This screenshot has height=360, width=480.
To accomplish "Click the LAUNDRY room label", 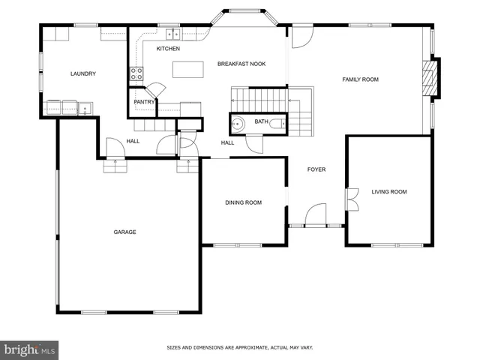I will (x=83, y=73).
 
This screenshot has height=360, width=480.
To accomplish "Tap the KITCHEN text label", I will (x=168, y=49).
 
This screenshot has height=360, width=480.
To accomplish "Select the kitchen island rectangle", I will (x=189, y=69).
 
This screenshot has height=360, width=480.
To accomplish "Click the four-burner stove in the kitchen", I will (x=137, y=73).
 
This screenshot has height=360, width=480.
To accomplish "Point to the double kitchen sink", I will (x=172, y=33).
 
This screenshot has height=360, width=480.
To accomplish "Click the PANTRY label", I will (x=144, y=101).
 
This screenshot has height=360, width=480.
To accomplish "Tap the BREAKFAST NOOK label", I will (x=241, y=64).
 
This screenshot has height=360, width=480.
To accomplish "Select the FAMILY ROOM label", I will (x=361, y=79).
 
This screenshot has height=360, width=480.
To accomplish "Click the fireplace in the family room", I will (x=430, y=77).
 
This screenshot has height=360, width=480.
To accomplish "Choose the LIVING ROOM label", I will (x=389, y=192).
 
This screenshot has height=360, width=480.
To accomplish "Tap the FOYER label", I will (x=316, y=169).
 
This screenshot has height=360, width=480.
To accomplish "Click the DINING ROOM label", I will (x=244, y=202).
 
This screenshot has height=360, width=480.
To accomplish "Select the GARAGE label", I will (x=124, y=232).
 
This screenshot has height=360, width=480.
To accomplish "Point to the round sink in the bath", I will (x=238, y=124).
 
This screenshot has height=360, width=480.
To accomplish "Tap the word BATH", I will (x=261, y=121).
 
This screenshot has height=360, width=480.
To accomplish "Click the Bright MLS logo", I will (x=30, y=349).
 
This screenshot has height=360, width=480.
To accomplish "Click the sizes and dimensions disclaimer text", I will (x=240, y=347).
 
